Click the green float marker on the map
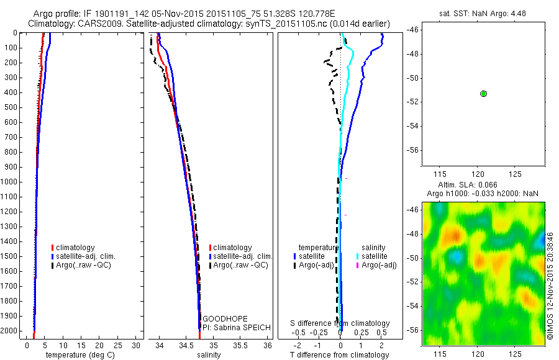[x=483, y=93]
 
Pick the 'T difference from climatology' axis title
[x=339, y=355]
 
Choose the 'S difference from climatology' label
[x=340, y=323]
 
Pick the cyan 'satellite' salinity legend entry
[x=372, y=256]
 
